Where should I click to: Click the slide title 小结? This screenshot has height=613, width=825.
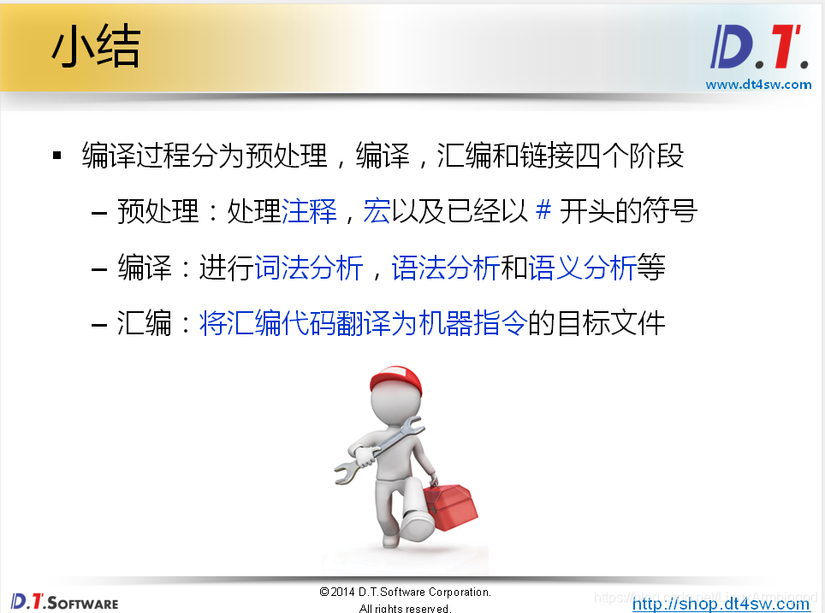pyautogui.click(x=95, y=48)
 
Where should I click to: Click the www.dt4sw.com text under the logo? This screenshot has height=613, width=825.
pyautogui.click(x=758, y=84)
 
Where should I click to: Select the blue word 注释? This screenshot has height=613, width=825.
pyautogui.click(x=309, y=210)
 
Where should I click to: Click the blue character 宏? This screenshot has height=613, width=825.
pyautogui.click(x=377, y=210)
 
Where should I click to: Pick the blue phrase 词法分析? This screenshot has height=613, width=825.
pyautogui.click(x=309, y=268)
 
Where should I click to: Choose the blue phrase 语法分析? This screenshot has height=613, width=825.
pyautogui.click(x=445, y=268)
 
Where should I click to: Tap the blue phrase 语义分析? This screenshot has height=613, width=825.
pyautogui.click(x=582, y=268)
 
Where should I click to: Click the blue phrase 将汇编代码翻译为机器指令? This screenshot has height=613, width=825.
pyautogui.click(x=363, y=324)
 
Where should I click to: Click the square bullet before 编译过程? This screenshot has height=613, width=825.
pyautogui.click(x=58, y=156)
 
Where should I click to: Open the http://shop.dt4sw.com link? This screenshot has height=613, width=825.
pyautogui.click(x=721, y=604)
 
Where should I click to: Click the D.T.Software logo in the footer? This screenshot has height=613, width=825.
pyautogui.click(x=64, y=601)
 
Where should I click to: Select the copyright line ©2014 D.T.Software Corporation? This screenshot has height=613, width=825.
pyautogui.click(x=405, y=592)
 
